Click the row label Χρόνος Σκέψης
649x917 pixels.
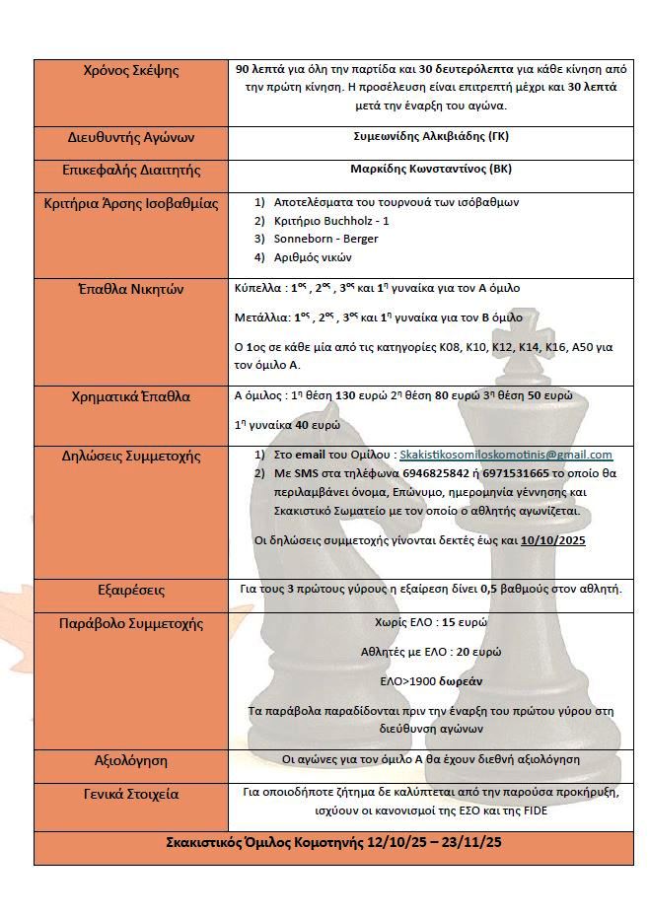tap(133, 70)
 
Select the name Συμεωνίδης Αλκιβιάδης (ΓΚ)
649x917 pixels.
tap(431, 135)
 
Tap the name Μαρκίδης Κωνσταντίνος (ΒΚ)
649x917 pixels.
tap(431, 169)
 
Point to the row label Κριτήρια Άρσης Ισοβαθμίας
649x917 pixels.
tap(133, 204)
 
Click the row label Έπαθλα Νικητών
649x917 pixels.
tap(133, 289)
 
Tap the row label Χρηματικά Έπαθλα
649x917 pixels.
tap(133, 397)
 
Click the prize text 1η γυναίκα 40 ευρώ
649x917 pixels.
tap(287, 425)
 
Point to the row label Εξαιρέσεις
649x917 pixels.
tap(133, 590)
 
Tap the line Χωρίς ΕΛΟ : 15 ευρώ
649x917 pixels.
tap(431, 623)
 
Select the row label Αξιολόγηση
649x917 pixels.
tap(133, 760)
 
